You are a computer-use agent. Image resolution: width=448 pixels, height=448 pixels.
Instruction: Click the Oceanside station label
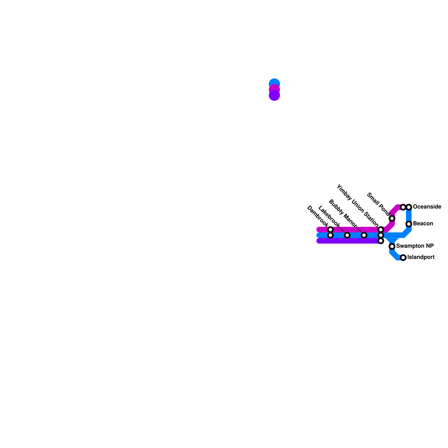(x=427, y=207)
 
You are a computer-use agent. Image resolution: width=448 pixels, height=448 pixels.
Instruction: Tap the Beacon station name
(x=423, y=224)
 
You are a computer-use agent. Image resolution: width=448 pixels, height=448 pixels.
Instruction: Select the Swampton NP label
(x=415, y=246)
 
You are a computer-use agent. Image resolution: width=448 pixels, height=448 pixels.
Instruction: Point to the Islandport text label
(x=421, y=257)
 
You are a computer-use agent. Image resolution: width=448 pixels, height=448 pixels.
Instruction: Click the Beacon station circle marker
(x=409, y=224)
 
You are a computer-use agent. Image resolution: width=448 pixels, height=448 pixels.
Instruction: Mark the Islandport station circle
(x=403, y=258)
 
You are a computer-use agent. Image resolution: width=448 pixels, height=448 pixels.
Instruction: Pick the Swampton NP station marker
(x=392, y=246)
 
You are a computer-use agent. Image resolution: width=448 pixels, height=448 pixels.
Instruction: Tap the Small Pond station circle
(x=392, y=218)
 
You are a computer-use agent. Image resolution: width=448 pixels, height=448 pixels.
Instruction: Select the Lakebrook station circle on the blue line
(x=347, y=235)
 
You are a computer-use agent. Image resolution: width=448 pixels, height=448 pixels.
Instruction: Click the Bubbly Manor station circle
(x=364, y=235)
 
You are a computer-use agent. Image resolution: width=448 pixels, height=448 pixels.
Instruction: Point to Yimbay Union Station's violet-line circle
(x=381, y=241)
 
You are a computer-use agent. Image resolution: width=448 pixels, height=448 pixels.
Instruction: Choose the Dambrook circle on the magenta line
(x=330, y=230)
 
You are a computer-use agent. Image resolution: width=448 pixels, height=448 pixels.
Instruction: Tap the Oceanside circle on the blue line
(x=409, y=207)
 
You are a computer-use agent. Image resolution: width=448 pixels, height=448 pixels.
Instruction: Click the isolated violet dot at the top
(x=274, y=96)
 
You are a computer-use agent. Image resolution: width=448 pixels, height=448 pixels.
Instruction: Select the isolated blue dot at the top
(x=274, y=83)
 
